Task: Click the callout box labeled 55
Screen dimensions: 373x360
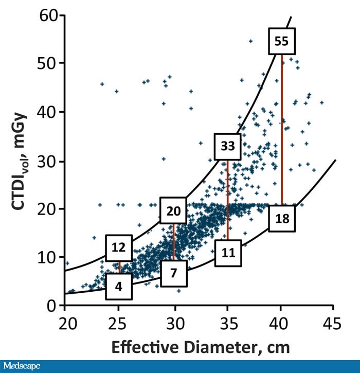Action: (x=281, y=42)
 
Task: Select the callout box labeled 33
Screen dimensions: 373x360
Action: (x=228, y=146)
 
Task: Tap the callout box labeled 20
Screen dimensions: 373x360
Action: (x=174, y=210)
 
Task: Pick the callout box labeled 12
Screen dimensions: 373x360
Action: (x=119, y=247)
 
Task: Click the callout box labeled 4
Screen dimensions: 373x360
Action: (x=119, y=287)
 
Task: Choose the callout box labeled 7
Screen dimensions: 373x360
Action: (x=173, y=273)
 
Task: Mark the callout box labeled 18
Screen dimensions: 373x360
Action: (x=282, y=219)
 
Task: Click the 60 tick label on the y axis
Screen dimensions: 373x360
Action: (x=49, y=15)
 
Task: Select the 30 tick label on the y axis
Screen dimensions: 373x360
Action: (x=49, y=161)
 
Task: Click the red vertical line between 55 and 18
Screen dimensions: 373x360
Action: (x=282, y=129)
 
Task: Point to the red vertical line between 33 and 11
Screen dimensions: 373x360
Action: (x=227, y=201)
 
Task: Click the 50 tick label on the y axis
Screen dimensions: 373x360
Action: (x=49, y=63)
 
